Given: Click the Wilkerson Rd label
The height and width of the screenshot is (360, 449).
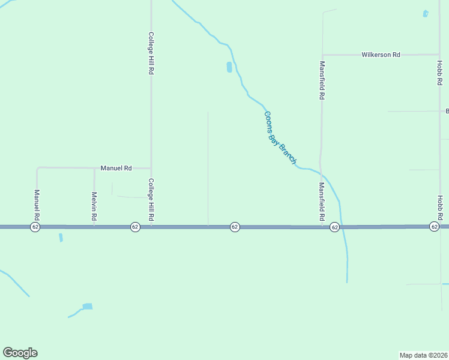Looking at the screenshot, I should (381, 55).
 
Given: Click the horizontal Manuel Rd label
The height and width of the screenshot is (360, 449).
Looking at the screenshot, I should (116, 169).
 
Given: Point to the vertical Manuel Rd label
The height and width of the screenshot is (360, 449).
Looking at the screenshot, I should (37, 205).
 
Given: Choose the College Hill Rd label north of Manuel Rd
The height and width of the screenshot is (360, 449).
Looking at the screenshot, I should (151, 53).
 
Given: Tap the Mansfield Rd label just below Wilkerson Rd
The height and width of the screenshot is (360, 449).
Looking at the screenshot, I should (322, 80).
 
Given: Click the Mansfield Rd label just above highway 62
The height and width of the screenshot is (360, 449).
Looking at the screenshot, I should (322, 201).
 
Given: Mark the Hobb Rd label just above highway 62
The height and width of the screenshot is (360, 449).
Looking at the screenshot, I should (439, 207).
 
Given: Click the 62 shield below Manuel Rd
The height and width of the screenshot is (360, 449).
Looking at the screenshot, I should (35, 227).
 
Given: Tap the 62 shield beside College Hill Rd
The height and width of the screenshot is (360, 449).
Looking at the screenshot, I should (135, 227).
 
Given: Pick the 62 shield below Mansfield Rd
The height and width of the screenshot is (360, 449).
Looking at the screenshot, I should (334, 227).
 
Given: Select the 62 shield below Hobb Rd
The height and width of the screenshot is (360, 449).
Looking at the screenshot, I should (434, 227).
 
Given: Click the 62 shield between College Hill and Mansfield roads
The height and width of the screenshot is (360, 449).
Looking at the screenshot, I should (235, 227).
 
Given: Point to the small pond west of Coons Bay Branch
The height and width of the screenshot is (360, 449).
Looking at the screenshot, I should (229, 67).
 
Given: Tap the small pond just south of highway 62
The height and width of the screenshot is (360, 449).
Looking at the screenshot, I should (61, 238).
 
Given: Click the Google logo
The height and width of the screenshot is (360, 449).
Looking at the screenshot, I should (20, 353).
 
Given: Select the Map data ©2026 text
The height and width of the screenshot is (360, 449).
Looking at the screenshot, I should (423, 355).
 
